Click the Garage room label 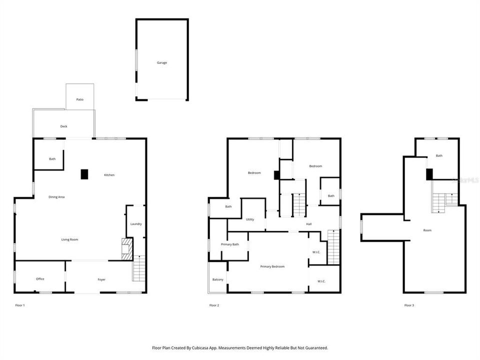[x=161, y=63]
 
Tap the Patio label [x=79, y=99]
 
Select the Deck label [x=63, y=126]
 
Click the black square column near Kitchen [x=84, y=174]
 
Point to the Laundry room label [x=136, y=224]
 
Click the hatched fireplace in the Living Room [x=127, y=248]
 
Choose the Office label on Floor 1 [x=40, y=279]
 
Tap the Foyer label [x=101, y=279]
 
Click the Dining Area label [x=56, y=197]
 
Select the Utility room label [x=249, y=219]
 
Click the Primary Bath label [x=230, y=244]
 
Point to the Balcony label [x=217, y=279]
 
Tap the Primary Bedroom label [x=272, y=266]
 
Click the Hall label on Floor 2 [x=309, y=224]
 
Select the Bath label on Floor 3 [x=439, y=156]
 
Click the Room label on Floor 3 [x=427, y=230]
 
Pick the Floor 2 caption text [x=214, y=305]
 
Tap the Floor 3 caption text [x=409, y=305]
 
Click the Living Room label [x=69, y=239]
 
